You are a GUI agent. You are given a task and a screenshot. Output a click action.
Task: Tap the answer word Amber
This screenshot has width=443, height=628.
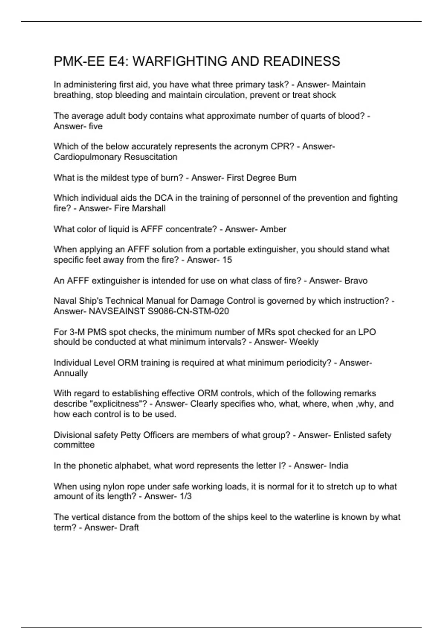tap(273, 229)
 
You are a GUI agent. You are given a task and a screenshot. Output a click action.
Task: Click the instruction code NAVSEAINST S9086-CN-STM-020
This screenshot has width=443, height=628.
tap(159, 311)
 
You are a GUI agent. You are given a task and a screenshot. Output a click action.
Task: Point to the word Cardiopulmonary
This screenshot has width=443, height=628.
tap(87, 157)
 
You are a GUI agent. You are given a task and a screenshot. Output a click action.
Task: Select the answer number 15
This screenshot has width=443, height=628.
tap(227, 260)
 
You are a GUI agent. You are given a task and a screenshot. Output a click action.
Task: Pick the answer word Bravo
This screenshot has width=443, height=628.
tap(356, 280)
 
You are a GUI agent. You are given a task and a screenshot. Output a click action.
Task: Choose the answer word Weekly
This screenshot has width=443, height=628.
tap(304, 342)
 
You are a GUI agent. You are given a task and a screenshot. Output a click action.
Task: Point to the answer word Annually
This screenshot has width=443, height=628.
tap(71, 373)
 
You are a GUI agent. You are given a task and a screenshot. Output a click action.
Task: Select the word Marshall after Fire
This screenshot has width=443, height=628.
tap(149, 208)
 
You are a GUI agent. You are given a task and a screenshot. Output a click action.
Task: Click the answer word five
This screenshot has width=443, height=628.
tap(96, 126)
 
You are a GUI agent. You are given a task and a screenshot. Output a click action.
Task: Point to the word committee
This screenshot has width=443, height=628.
tap(74, 445)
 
